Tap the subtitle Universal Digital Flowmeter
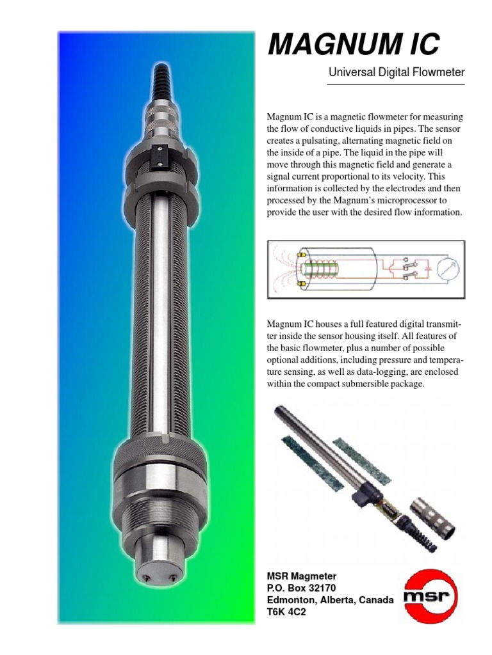(397, 72)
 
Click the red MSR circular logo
(430, 595)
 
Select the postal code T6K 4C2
(286, 612)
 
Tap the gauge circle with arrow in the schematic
(448, 269)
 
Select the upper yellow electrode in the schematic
(300, 255)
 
